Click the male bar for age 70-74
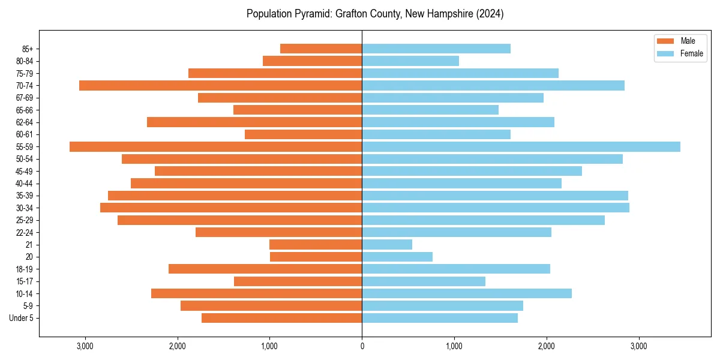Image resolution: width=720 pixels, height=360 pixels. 220,86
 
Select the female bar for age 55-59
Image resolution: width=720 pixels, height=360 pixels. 521,147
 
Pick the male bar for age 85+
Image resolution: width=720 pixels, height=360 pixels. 321,49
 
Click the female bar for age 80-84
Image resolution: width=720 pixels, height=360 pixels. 410,61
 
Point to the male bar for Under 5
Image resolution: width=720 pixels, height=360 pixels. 281,318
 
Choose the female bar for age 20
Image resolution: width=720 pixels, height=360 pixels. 397,257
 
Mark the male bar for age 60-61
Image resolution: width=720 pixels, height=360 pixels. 303,134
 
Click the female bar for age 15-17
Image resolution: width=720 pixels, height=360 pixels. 424,281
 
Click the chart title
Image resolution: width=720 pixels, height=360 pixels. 375,14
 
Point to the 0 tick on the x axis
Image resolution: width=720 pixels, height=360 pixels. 362,346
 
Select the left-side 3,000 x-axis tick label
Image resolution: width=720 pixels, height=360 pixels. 85,346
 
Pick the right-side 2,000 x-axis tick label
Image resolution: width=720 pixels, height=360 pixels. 546,346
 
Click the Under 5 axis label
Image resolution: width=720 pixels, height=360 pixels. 21,318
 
